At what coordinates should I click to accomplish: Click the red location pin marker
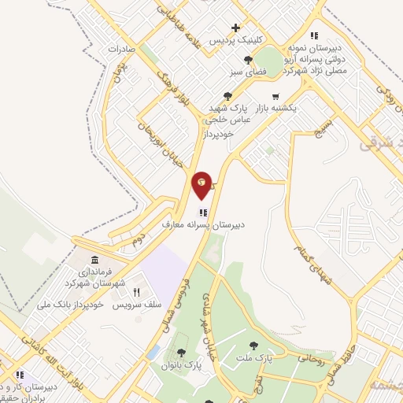(x=202, y=184)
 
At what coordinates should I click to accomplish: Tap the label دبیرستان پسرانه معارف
(x=204, y=224)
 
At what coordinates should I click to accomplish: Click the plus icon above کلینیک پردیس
(x=235, y=28)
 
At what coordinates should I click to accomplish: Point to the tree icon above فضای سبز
(x=249, y=60)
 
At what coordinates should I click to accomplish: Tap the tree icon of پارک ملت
(x=253, y=346)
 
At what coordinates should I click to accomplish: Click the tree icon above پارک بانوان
(x=182, y=353)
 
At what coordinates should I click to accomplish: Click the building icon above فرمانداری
(x=94, y=261)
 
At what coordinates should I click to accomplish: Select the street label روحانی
(x=309, y=359)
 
